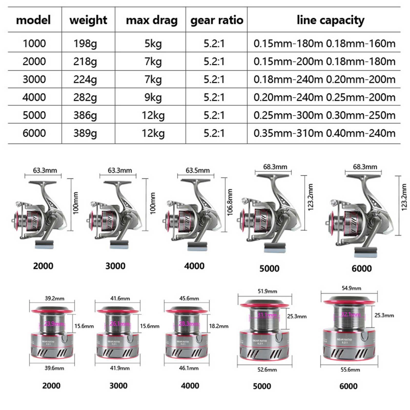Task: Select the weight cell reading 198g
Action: click(x=85, y=44)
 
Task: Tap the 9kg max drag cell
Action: click(x=153, y=97)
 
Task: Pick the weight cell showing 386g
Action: click(x=85, y=115)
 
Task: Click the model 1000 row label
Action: click(x=34, y=44)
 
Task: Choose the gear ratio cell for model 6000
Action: click(x=214, y=133)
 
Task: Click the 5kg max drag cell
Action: click(x=153, y=44)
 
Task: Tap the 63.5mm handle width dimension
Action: click(x=198, y=170)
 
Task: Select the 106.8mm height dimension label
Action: click(x=230, y=202)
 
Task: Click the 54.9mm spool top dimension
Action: click(x=351, y=288)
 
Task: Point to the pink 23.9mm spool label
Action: click(x=54, y=324)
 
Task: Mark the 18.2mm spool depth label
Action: click(x=219, y=326)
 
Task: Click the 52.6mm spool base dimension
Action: click(x=267, y=370)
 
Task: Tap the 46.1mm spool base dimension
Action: click(x=189, y=368)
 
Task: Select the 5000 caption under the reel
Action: click(x=269, y=269)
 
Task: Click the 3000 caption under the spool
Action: click(x=118, y=386)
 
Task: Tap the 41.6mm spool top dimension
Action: click(x=120, y=299)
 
